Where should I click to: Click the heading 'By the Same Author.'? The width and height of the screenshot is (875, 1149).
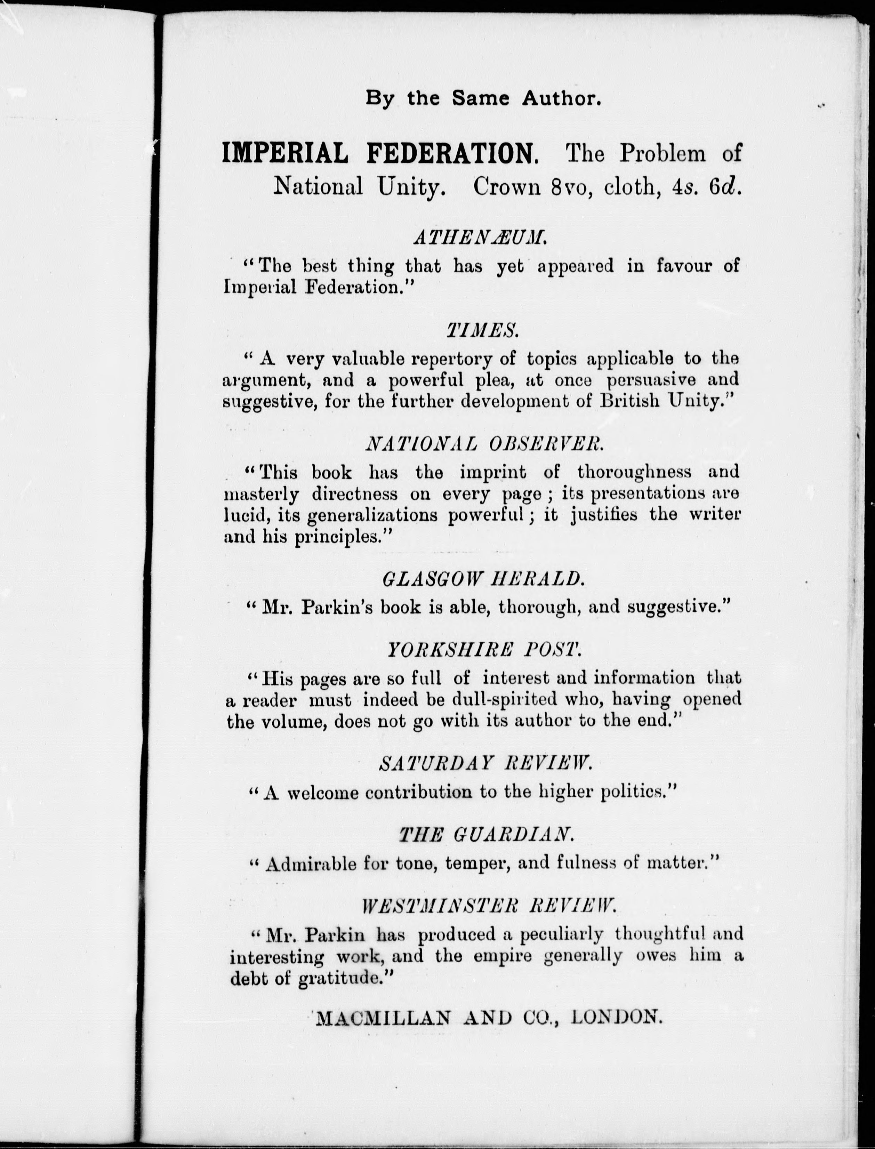click(483, 98)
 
